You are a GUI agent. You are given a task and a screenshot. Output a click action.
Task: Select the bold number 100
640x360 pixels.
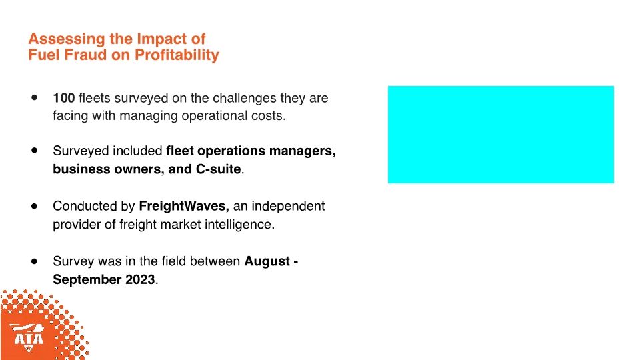click(x=64, y=98)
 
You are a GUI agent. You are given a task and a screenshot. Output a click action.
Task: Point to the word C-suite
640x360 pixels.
click(x=218, y=169)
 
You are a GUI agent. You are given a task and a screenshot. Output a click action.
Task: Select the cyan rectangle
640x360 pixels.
click(x=501, y=134)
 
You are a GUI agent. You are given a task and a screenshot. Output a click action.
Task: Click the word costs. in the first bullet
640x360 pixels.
click(x=269, y=115)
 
